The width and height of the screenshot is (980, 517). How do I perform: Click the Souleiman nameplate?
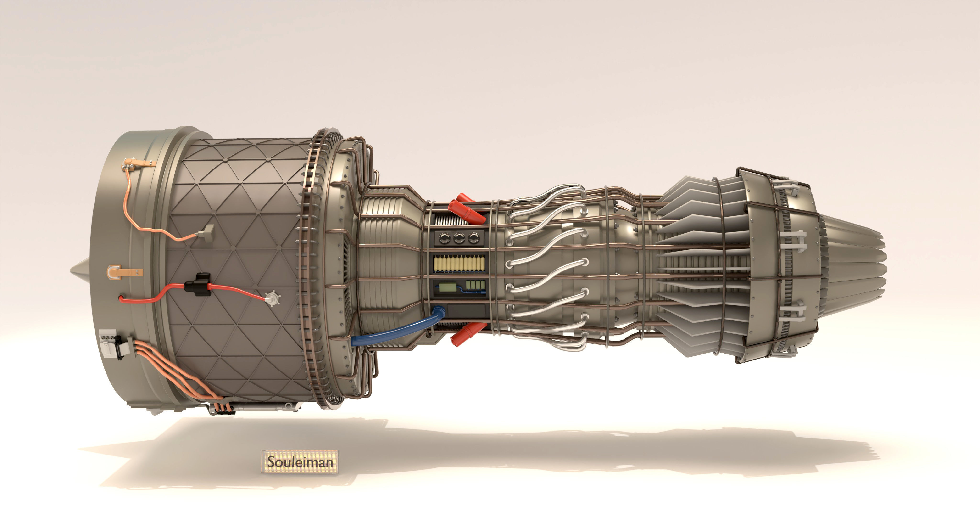299,461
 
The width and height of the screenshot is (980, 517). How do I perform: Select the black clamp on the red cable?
197,284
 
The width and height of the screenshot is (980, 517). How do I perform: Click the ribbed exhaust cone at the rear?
856,255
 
